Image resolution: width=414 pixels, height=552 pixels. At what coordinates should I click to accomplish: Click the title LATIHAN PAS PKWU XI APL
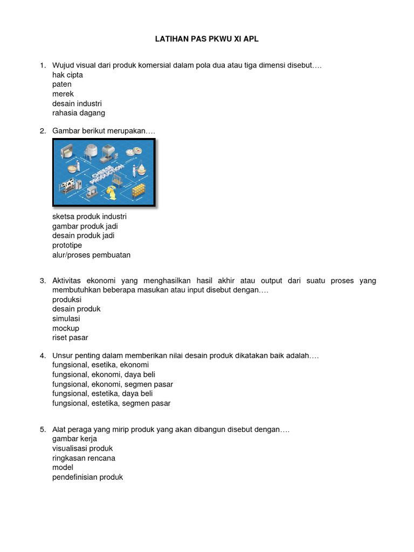click(x=206, y=39)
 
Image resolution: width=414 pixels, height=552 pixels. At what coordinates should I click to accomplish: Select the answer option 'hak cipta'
click(x=67, y=75)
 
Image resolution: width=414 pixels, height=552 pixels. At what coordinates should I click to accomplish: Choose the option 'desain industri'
click(x=77, y=103)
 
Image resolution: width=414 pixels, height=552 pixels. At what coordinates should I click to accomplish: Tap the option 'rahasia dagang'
click(x=79, y=113)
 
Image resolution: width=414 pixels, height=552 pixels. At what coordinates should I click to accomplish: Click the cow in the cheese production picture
click(x=68, y=187)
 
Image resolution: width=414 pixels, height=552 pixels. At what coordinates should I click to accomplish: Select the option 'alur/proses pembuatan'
click(x=91, y=255)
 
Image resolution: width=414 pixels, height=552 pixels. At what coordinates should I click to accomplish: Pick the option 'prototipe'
click(x=67, y=245)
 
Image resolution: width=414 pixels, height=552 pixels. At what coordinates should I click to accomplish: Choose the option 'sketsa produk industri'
click(x=89, y=217)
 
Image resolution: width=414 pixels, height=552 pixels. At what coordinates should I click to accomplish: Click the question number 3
click(x=43, y=281)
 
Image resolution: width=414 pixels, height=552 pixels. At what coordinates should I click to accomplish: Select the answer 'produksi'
click(x=67, y=299)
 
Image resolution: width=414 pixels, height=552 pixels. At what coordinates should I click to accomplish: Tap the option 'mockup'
click(x=66, y=328)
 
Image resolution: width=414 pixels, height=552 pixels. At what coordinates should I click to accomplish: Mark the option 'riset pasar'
click(x=70, y=338)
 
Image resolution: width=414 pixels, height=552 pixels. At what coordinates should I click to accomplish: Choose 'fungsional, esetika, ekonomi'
click(x=100, y=365)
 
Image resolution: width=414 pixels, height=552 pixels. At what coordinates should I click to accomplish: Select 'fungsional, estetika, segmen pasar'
click(x=111, y=403)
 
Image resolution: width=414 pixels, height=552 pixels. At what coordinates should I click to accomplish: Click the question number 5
click(x=43, y=430)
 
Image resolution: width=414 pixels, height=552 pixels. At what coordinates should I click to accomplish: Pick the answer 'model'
click(x=63, y=467)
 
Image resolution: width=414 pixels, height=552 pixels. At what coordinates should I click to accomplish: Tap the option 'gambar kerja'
click(x=74, y=439)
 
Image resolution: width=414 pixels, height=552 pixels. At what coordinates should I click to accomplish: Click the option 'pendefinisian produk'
click(x=87, y=477)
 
